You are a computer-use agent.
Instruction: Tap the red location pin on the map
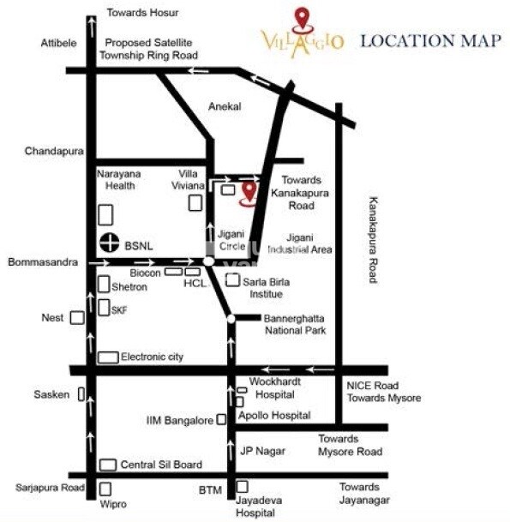pyautogui.click(x=249, y=193)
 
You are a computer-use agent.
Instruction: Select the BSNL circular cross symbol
pyautogui.click(x=108, y=243)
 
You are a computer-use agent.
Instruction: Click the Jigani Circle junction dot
pyautogui.click(x=209, y=261)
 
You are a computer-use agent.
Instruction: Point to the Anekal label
pyautogui.click(x=225, y=106)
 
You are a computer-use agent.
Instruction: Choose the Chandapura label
pyautogui.click(x=53, y=151)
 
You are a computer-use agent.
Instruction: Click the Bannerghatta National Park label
pyautogui.click(x=294, y=323)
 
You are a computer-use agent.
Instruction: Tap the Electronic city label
pyautogui.click(x=153, y=357)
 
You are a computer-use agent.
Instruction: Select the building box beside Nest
pyautogui.click(x=77, y=318)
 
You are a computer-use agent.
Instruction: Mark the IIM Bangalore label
pyautogui.click(x=178, y=421)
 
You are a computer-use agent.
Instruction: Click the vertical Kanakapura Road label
pyautogui.click(x=373, y=239)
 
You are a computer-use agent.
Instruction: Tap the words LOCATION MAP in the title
pyautogui.click(x=429, y=40)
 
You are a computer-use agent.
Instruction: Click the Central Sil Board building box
pyautogui.click(x=108, y=465)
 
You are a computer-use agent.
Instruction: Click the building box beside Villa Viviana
pyautogui.click(x=195, y=202)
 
